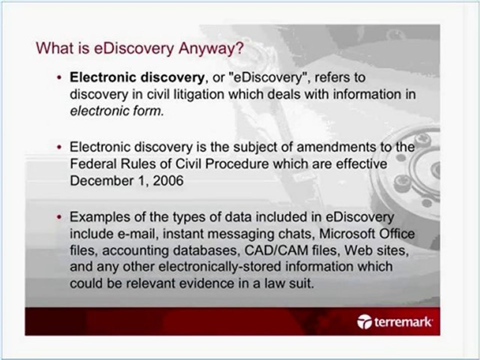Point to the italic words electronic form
116,111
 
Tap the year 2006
168,180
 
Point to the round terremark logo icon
365,322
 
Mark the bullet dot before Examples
60,217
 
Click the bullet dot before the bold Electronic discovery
60,78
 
